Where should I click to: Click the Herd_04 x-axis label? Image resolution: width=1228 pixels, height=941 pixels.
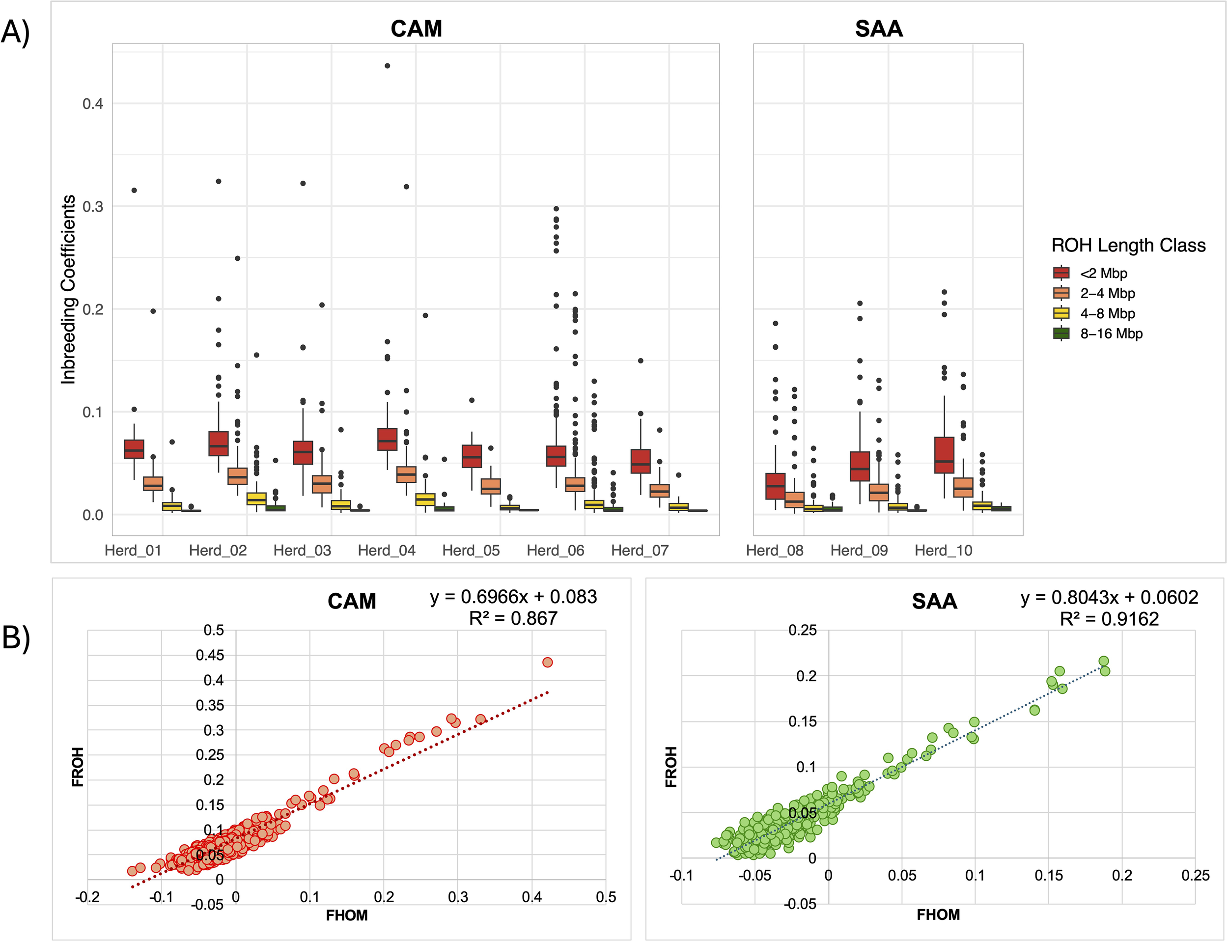[x=387, y=551]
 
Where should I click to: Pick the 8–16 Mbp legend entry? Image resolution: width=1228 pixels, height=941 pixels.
[x=1111, y=334]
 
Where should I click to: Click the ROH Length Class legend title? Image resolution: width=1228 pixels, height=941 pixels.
[x=1128, y=246]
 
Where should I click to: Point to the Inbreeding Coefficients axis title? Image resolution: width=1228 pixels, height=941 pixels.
[x=68, y=289]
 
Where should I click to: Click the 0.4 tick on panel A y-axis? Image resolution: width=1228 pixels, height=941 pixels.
[x=92, y=104]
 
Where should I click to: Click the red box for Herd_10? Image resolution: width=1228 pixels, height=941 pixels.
[x=945, y=455]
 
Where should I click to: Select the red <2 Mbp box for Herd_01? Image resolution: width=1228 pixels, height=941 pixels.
[x=134, y=449]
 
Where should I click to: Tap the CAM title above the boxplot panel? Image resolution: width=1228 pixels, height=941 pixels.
[x=416, y=28]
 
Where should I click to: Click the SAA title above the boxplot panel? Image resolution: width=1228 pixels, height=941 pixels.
[x=878, y=28]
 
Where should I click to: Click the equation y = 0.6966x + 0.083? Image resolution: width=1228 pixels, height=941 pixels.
[x=513, y=597]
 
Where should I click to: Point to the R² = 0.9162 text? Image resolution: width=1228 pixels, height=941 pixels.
[x=1109, y=619]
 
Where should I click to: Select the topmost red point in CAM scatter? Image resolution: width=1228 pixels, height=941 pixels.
[x=547, y=663]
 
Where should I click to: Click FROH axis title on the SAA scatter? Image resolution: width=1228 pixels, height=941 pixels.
[x=670, y=767]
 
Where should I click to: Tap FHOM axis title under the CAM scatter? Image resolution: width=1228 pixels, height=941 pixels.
[x=347, y=916]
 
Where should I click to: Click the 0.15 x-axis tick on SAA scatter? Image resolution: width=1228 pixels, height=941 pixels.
[x=1048, y=876]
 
